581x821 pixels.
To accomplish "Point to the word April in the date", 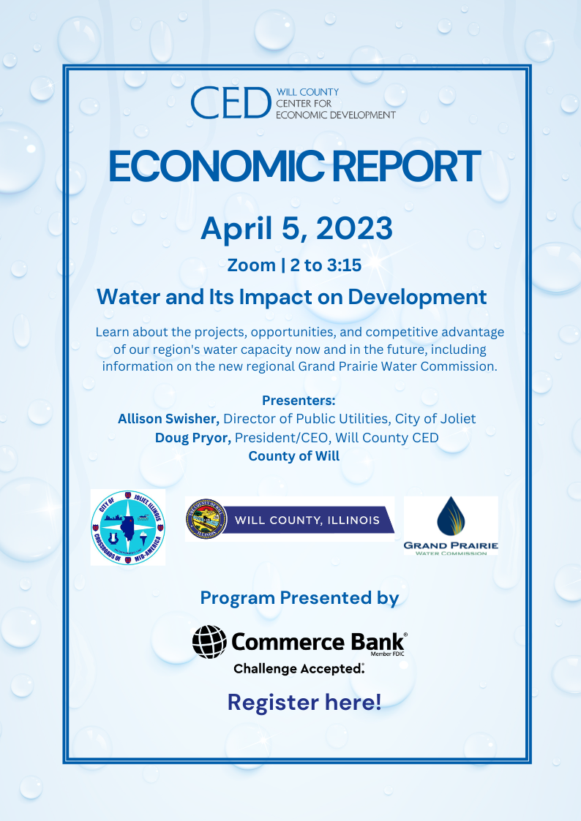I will (x=236, y=229).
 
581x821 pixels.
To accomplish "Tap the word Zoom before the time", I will (x=252, y=265).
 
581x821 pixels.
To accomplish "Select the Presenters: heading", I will (x=299, y=401).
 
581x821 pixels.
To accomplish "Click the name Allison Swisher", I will (x=168, y=419).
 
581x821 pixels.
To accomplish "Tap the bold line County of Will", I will (x=293, y=456).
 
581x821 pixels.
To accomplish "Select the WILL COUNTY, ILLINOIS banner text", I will (x=307, y=521).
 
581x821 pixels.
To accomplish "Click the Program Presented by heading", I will (x=299, y=598).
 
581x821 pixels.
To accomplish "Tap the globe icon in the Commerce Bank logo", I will (x=209, y=642).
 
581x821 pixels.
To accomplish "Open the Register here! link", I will (x=304, y=703).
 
